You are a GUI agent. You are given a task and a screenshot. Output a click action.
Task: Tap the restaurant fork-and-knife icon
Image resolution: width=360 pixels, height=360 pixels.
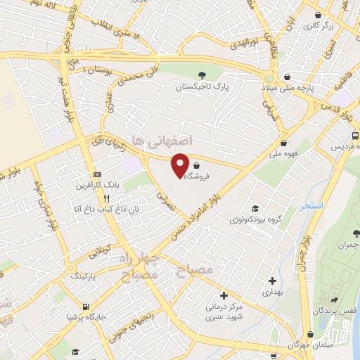[106, 198]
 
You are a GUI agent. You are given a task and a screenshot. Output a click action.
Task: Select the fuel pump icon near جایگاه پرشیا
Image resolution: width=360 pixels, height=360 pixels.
[85, 307]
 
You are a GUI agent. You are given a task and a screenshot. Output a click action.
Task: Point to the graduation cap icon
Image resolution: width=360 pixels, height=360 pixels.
[254, 209]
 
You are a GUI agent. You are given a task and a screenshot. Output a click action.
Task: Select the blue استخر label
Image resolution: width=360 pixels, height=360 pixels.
[309, 206]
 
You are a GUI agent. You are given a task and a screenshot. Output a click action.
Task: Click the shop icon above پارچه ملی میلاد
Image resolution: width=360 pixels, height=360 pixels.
[286, 77]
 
